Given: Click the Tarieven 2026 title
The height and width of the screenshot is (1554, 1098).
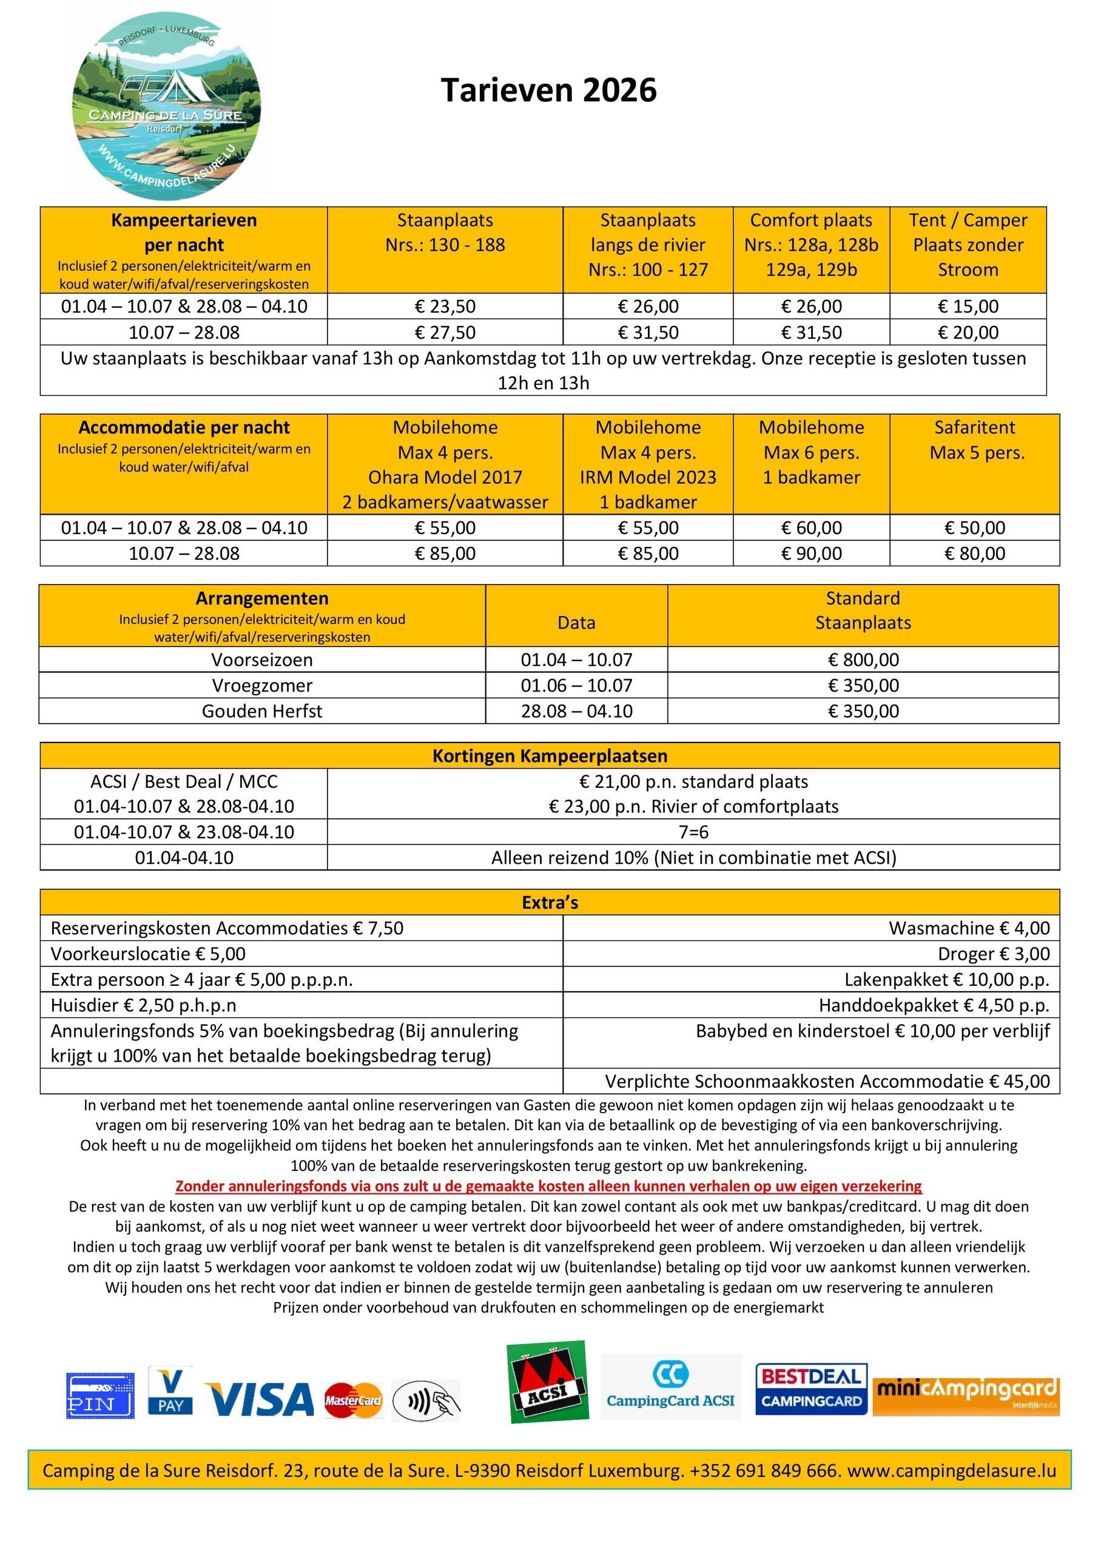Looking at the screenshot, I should (x=548, y=90).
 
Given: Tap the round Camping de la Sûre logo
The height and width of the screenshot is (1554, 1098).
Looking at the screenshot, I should (x=166, y=107).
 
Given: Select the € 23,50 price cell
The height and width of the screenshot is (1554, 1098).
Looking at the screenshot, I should (x=445, y=306).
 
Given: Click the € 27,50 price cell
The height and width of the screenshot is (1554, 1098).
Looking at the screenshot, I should (x=445, y=332).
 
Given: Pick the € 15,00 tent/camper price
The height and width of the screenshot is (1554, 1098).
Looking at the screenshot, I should (x=968, y=306).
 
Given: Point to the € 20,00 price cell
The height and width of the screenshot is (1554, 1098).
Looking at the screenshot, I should (x=968, y=332).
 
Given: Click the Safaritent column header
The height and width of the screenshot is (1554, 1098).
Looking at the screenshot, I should (x=974, y=440).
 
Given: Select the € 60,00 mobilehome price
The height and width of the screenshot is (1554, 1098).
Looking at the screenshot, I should (x=810, y=528).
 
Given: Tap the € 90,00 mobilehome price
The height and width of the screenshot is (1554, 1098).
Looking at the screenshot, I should (x=810, y=553).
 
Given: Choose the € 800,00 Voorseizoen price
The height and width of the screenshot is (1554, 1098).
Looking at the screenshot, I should (x=863, y=659).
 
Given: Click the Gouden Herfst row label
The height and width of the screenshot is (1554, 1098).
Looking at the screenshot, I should (x=262, y=711).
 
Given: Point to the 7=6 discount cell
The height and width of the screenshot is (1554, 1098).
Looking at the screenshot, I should (x=693, y=832).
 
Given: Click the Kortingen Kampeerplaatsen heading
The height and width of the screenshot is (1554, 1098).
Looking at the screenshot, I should (x=550, y=755).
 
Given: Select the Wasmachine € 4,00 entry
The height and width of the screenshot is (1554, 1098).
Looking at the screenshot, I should (x=969, y=928).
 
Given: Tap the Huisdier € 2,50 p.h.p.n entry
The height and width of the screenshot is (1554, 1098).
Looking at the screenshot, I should (x=143, y=1005).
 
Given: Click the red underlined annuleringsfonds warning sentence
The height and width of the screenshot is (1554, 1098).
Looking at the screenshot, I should (x=548, y=1186).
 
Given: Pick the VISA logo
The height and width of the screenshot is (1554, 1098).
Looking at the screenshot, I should (x=260, y=1399).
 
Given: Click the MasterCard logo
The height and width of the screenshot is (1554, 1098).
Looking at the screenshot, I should (x=352, y=1400).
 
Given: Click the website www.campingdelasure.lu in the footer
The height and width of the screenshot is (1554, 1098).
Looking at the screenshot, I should (x=951, y=1470).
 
